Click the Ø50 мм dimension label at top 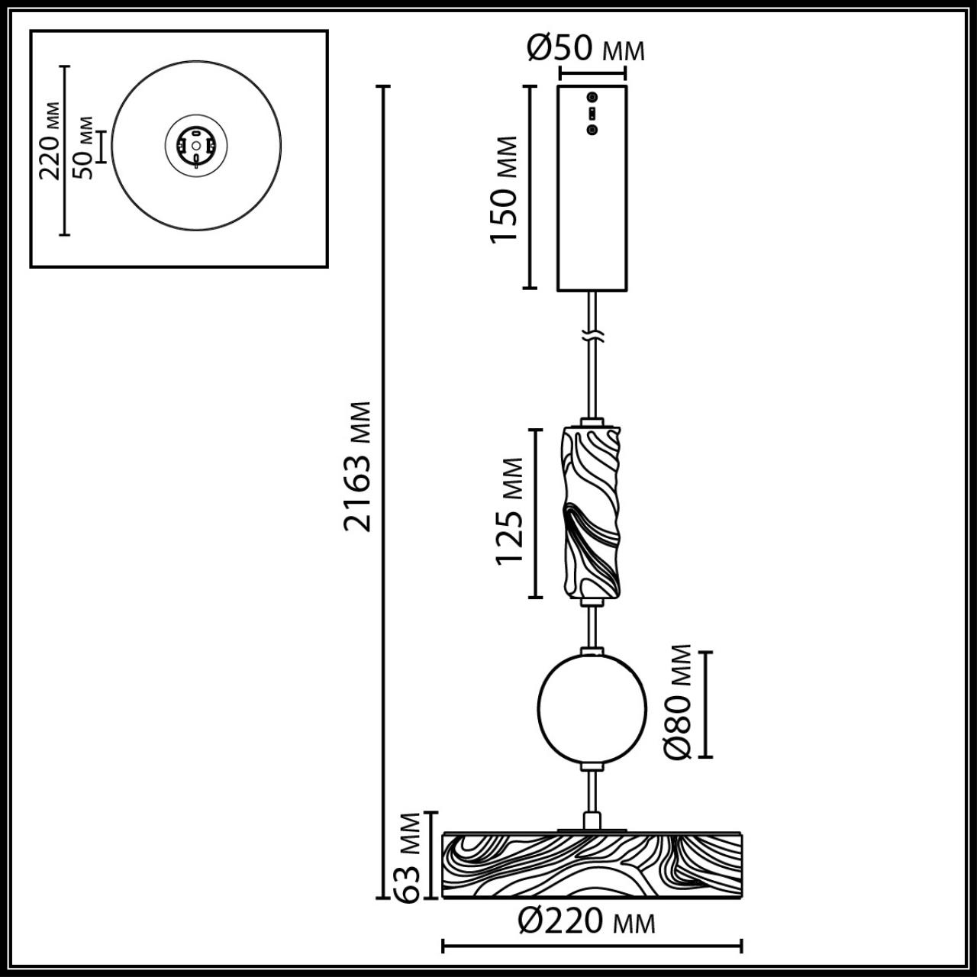tap(586, 50)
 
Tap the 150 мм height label tap(505, 189)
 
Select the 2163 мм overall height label tap(357, 466)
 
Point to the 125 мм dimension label tap(510, 511)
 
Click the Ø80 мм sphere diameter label tap(679, 702)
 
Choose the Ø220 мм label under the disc tap(586, 921)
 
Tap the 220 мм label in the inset tap(51, 140)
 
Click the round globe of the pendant tap(592, 707)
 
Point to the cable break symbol tap(592, 335)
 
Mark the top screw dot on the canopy tap(592, 98)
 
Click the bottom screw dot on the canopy tap(592, 130)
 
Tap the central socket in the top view tap(196, 144)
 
